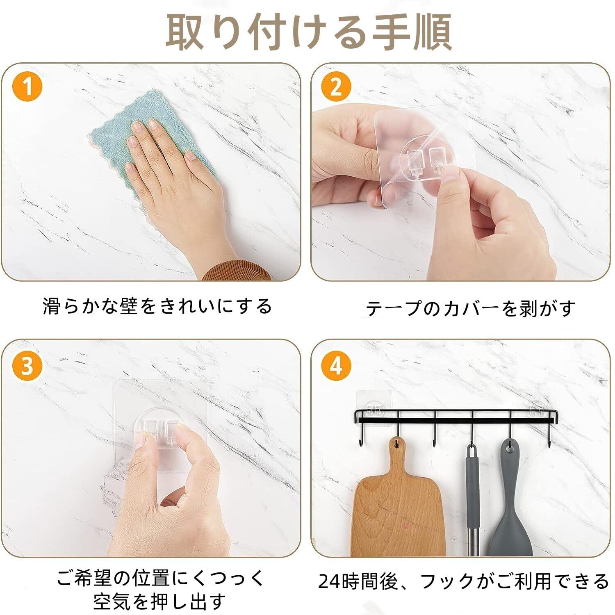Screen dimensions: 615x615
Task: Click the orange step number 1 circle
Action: [x=27, y=87]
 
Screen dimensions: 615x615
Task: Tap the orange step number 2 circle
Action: [x=336, y=87]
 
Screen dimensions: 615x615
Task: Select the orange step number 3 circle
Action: [x=27, y=365]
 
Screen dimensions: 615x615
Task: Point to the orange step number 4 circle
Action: [x=336, y=365]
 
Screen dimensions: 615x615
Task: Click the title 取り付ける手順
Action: [x=308, y=32]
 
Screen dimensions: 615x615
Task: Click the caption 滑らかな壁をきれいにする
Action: [x=157, y=306]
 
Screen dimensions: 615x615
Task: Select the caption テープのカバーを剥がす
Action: [x=470, y=308]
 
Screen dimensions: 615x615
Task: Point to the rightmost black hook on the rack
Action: [x=547, y=435]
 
